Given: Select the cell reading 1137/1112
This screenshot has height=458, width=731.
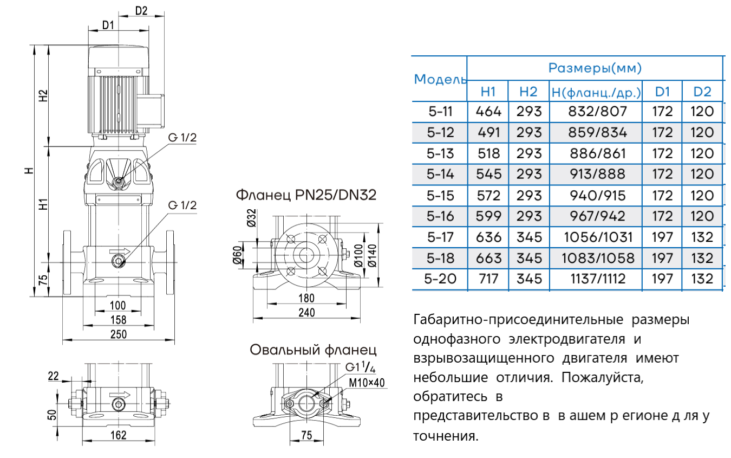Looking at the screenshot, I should point(596,279).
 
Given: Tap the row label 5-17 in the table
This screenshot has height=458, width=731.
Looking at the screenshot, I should point(440,237).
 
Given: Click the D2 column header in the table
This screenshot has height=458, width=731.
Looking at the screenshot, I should point(702,92).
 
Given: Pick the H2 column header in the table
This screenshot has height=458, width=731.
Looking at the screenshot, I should point(528,92).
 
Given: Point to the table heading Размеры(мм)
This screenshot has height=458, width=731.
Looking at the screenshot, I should point(595,68).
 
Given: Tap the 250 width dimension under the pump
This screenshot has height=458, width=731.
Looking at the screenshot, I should point(119,334).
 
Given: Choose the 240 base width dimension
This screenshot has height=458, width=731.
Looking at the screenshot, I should point(306,313).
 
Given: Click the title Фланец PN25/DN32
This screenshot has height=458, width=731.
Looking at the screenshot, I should point(305,195).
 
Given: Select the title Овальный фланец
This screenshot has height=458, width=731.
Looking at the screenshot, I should point(312,350).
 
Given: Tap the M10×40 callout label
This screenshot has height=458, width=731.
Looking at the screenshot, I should point(366,383).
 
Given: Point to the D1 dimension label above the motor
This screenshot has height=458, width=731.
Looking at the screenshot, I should point(107,25).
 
